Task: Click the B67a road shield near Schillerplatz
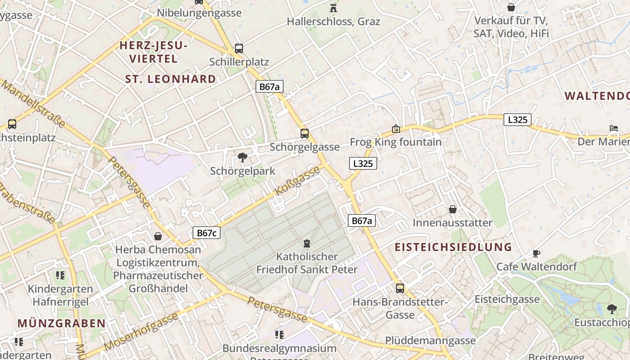(270, 86)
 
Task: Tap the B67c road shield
(207, 233)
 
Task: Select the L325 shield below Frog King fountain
(363, 163)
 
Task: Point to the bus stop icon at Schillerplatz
(239, 49)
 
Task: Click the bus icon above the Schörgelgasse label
(305, 133)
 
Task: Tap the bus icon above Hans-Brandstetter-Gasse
(400, 288)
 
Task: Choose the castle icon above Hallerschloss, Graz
(333, 8)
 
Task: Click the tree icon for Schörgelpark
(243, 157)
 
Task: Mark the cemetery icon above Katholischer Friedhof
(307, 243)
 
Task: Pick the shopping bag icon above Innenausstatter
(453, 209)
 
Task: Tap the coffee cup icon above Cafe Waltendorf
(536, 253)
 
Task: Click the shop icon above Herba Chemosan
(158, 236)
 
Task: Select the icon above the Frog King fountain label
(396, 129)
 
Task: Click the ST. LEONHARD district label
(171, 79)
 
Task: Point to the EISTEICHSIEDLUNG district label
(454, 247)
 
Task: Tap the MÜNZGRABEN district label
(62, 323)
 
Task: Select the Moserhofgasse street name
(141, 332)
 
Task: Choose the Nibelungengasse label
(199, 13)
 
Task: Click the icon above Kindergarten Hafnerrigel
(60, 275)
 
